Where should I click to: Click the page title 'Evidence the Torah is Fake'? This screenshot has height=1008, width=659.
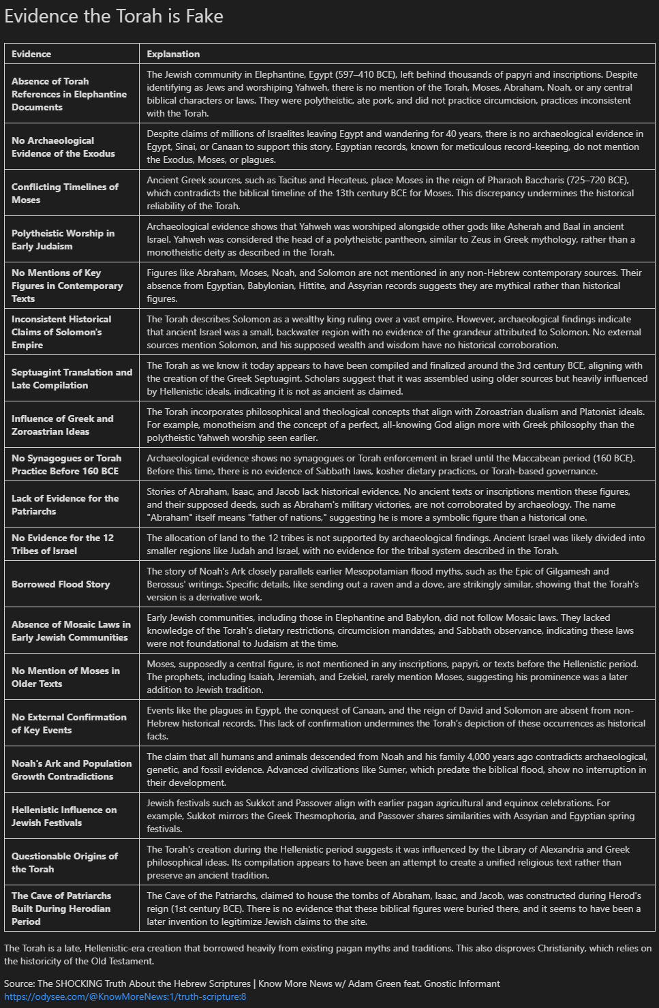[114, 16]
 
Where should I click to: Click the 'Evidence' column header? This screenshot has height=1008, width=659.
[31, 54]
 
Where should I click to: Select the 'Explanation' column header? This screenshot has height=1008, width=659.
[173, 54]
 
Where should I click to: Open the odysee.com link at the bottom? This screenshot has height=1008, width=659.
[125, 996]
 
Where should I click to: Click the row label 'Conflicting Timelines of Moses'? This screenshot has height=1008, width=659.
[65, 193]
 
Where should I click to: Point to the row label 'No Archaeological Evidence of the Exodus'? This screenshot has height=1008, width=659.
[63, 147]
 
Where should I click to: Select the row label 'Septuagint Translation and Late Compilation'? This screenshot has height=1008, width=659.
[72, 378]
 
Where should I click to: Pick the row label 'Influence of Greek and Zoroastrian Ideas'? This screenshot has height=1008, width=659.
[62, 425]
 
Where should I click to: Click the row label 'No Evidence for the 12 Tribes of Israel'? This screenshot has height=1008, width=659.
[62, 544]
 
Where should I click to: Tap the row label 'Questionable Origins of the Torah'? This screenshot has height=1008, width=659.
[64, 862]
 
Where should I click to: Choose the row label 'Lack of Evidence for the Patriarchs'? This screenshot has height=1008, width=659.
[65, 504]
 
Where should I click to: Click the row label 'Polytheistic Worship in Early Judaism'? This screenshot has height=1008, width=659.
[63, 239]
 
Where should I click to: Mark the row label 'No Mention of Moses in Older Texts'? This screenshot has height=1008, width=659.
[65, 677]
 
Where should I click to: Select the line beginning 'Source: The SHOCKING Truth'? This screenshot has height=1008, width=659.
[251, 983]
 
